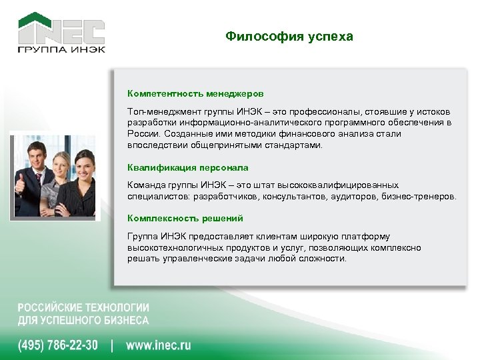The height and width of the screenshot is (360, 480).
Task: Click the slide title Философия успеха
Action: [289, 36]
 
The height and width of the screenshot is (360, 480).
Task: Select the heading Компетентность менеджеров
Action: [195, 94]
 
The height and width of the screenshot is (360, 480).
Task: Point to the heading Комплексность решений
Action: [185, 218]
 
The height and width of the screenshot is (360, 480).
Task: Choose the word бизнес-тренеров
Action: [423, 197]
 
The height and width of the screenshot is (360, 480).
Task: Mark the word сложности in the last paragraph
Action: [324, 258]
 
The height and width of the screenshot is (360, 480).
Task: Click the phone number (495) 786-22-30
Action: [57, 345]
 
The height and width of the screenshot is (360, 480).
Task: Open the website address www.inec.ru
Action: [158, 345]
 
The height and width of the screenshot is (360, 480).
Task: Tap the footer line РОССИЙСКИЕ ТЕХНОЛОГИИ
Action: [83, 308]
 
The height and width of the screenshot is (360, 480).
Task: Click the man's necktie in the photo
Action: [38, 180]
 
